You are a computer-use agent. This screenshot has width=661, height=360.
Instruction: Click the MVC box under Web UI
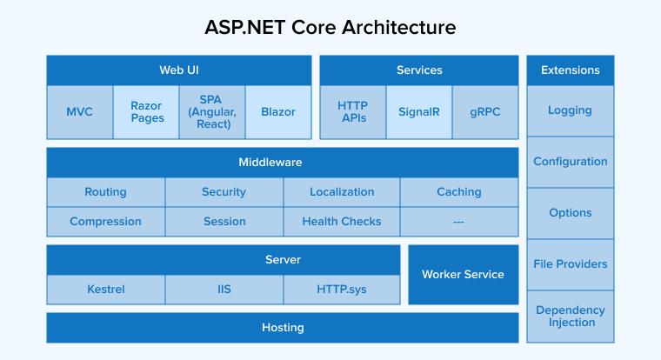pos(79,112)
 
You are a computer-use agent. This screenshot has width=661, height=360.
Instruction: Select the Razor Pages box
pos(146,112)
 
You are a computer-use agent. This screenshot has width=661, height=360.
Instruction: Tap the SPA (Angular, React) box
pos(212,112)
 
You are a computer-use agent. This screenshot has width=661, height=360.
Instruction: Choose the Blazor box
pos(278,112)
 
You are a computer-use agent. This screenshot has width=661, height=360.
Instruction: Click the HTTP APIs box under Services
pos(352,112)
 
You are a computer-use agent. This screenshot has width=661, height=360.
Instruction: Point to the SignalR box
pos(418,112)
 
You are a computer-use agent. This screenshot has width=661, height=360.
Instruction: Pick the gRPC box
pos(484,112)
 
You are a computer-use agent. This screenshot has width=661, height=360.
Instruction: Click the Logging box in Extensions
pos(570,110)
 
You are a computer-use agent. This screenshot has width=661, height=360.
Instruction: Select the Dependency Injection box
pos(570,316)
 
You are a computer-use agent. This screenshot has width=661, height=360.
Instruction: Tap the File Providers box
pos(570,264)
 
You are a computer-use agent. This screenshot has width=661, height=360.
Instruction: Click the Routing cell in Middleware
pos(105,192)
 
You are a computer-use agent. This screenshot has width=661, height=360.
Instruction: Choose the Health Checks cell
pos(342,222)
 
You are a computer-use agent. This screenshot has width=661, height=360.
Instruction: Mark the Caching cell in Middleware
pos(458,192)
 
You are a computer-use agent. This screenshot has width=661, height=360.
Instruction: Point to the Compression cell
pos(105,222)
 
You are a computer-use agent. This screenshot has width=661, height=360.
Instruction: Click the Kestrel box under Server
pos(105,289)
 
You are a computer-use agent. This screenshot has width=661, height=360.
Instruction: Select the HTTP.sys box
pos(342,289)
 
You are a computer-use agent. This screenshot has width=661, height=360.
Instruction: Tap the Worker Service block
pos(463,275)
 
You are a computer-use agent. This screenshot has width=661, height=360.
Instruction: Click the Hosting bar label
pos(283,328)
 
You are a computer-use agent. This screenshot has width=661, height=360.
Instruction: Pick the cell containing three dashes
pos(458,222)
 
